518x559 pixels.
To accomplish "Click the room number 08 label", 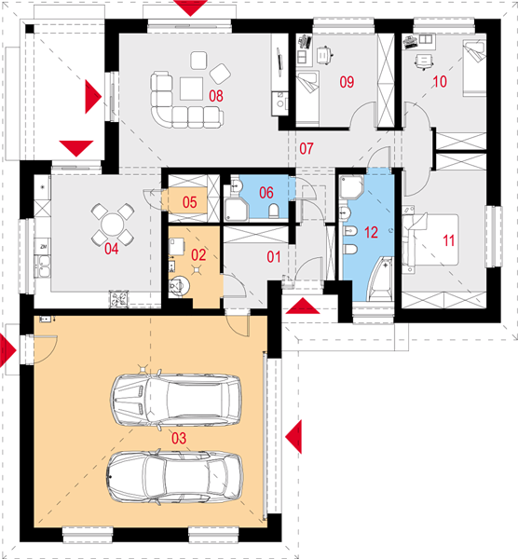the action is click(x=216, y=96).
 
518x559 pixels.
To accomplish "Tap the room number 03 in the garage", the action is click(x=179, y=438).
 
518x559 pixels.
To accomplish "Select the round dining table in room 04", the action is click(x=113, y=225).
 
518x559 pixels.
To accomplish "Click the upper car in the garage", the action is click(x=176, y=400).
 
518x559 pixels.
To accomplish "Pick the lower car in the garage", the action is click(x=175, y=477).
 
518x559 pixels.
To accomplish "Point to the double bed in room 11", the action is click(x=430, y=239).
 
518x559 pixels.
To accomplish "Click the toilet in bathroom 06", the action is click(x=274, y=211).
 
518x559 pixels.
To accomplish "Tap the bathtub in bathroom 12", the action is click(x=380, y=279).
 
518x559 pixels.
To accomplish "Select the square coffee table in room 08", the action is click(x=191, y=89).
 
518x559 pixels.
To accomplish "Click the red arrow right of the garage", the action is click(x=293, y=437).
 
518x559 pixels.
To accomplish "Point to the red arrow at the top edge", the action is click(x=191, y=7).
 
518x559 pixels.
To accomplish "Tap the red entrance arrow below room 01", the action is click(x=303, y=307).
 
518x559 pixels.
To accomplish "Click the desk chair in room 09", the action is click(x=324, y=55).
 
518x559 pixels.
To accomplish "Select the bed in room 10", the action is click(x=474, y=68).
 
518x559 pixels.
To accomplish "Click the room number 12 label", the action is click(x=371, y=232).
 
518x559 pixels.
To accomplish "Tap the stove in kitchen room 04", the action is click(x=118, y=299).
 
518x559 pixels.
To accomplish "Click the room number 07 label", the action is click(x=307, y=149).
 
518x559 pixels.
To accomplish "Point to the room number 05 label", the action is click(x=190, y=202).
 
